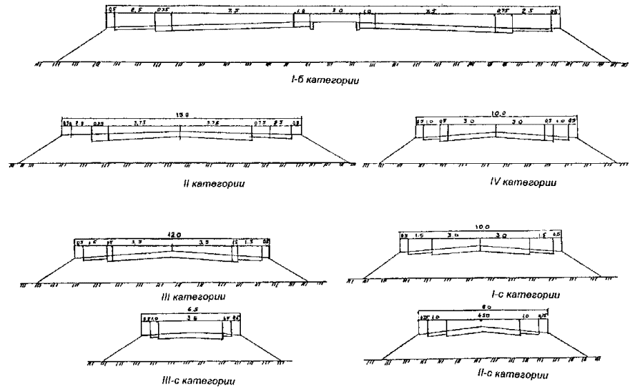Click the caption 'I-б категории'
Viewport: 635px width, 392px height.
click(328, 80)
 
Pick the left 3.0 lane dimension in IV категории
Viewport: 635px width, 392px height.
click(469, 121)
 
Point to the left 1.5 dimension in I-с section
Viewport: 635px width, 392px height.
click(421, 236)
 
